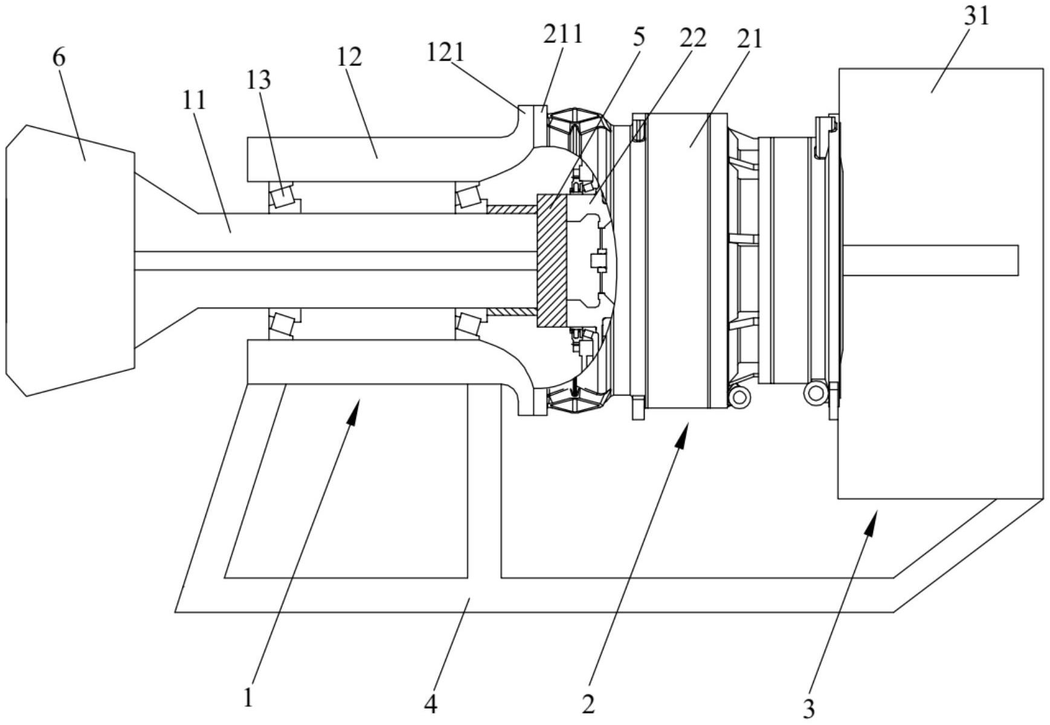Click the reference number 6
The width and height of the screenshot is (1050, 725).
point(59,57)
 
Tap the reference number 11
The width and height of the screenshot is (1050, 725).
point(194,100)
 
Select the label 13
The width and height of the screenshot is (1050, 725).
point(259,79)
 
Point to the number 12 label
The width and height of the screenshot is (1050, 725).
point(349,57)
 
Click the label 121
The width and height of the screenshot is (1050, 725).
point(445,52)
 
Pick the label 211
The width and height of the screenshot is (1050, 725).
point(563,34)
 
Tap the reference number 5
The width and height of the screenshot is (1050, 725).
point(639,36)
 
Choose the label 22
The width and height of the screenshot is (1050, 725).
point(692,38)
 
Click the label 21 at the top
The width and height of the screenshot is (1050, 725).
point(750,39)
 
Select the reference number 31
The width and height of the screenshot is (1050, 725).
point(976,16)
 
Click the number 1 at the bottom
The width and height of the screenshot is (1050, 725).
point(248,698)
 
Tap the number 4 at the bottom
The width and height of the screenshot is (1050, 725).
point(431,704)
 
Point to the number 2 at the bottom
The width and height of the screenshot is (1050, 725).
point(588,704)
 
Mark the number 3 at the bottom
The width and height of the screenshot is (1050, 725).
point(808,707)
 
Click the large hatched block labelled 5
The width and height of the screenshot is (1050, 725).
point(552,261)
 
